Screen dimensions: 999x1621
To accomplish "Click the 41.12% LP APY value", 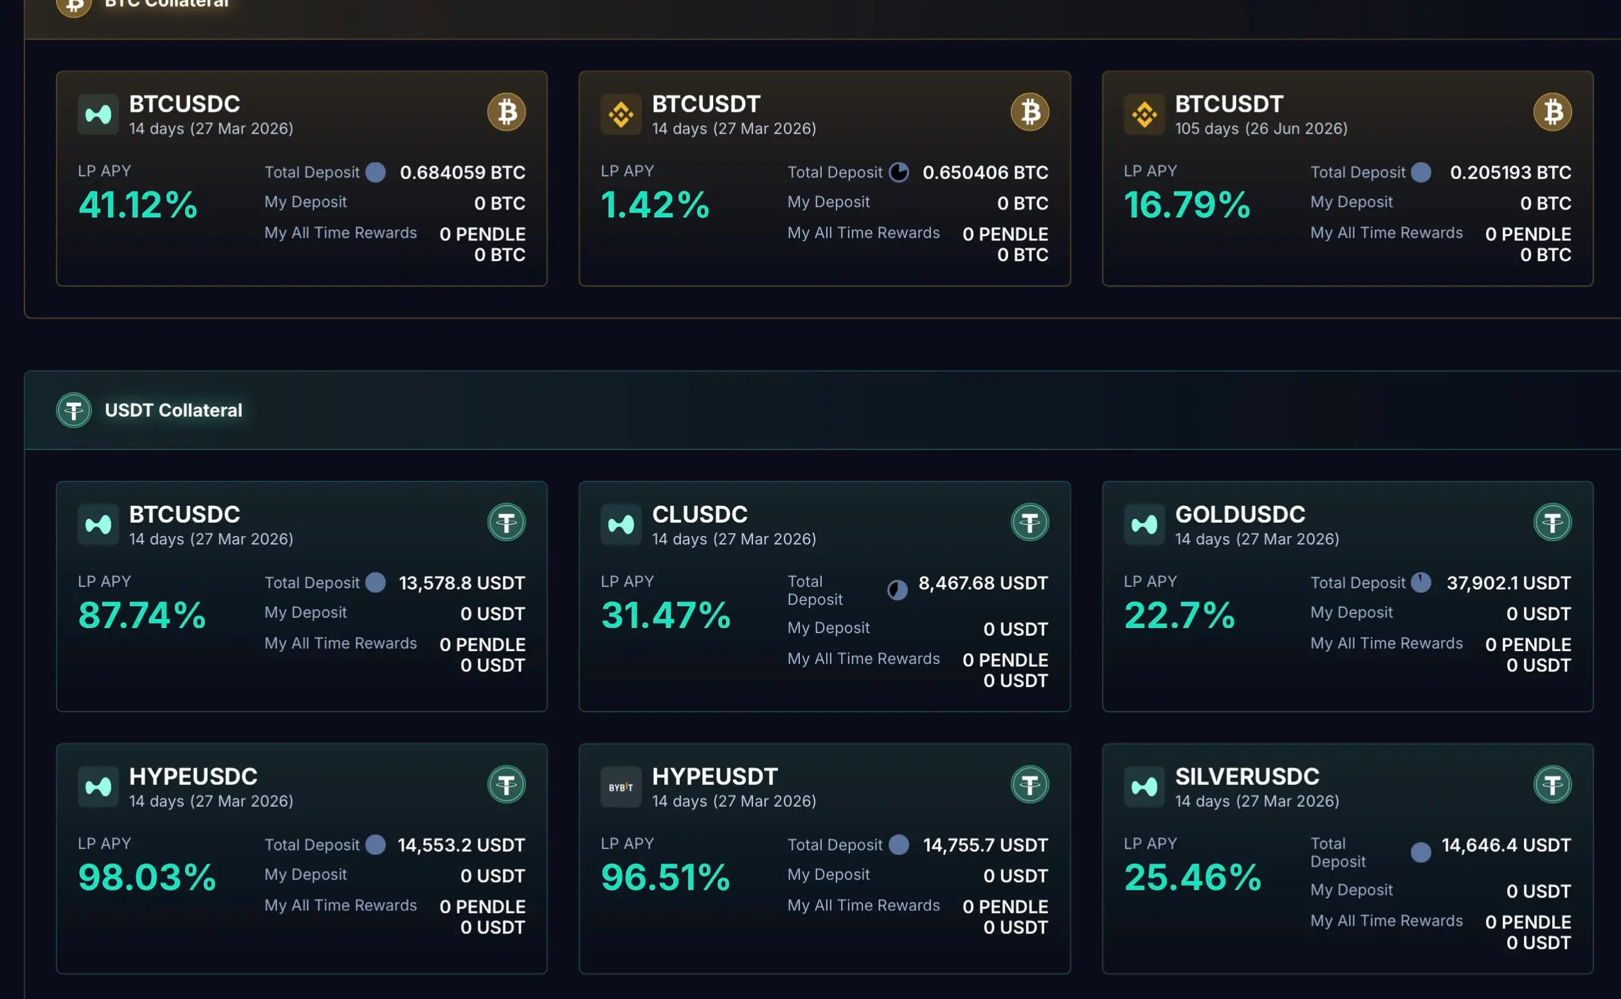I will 138,204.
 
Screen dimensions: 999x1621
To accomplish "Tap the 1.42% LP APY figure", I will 655,204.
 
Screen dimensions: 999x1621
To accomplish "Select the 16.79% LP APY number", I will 1187,204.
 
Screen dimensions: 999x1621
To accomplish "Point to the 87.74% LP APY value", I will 141,615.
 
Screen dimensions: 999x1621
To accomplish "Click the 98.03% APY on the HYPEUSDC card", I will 147,878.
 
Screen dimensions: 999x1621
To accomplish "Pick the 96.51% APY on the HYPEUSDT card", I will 666,878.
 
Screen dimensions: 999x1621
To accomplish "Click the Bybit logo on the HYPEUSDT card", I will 620,787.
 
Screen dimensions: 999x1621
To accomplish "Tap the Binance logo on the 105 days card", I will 1144,114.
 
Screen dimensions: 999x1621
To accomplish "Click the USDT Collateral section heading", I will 173,410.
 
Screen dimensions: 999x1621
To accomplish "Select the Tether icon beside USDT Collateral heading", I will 73,410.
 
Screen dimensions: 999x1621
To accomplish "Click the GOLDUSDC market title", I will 1240,514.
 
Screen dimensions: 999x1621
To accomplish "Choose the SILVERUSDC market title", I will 1246,777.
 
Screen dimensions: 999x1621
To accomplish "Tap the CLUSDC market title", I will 699,514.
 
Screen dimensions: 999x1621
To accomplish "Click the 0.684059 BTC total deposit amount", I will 462,172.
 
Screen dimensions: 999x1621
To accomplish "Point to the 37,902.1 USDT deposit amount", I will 1508,582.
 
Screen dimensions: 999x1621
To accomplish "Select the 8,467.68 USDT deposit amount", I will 983,582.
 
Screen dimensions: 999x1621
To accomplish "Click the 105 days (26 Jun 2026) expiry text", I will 1261,129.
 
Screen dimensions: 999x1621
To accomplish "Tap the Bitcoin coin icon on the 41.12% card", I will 506,112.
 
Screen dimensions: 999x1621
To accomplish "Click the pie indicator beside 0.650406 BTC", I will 898,172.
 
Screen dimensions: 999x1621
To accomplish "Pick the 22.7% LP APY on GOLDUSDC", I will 1179,615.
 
